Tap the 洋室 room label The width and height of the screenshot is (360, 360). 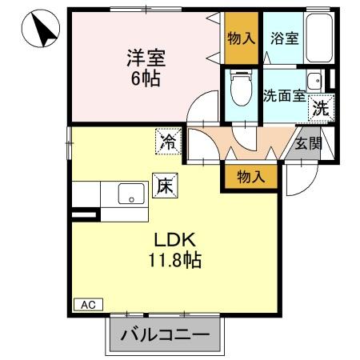[143, 58]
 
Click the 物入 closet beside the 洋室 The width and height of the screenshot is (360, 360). [241, 38]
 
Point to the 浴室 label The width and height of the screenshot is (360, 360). [285, 38]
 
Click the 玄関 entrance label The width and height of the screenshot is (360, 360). [306, 144]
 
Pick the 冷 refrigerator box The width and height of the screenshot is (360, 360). [168, 143]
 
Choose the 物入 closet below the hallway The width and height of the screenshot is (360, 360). [252, 175]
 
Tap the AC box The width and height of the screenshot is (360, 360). [88, 305]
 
